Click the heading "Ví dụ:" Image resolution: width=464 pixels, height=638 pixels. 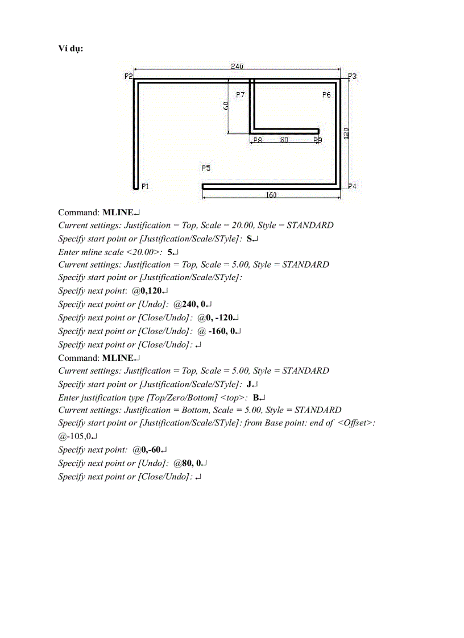[x=71, y=48]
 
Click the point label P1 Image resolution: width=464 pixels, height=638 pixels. [x=145, y=186]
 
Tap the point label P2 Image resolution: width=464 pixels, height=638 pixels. [x=129, y=76]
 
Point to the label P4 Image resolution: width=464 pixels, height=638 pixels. [x=352, y=186]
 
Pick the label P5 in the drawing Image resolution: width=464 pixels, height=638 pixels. [x=206, y=168]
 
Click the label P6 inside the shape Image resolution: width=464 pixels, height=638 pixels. [x=326, y=95]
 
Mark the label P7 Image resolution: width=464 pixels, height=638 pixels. [x=240, y=95]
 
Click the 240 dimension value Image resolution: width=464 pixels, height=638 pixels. [x=237, y=66]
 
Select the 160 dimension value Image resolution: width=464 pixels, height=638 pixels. [x=271, y=195]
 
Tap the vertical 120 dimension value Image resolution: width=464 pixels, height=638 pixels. [x=346, y=133]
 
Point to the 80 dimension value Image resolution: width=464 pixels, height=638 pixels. [x=284, y=139]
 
